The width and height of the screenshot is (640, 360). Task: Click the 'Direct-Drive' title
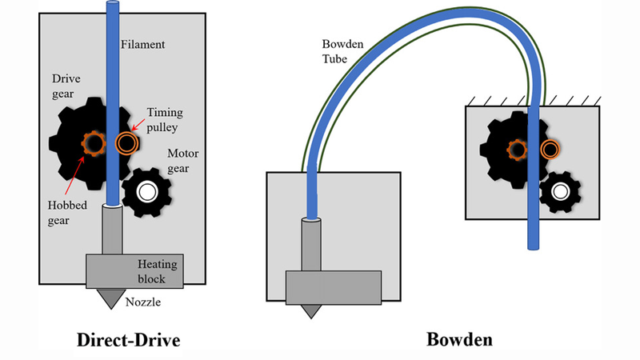coord(128,340)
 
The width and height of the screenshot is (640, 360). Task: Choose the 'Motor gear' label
coord(182,158)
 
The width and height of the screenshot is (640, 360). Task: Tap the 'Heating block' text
coord(154,270)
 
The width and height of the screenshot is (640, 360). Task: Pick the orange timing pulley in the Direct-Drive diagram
coord(126,143)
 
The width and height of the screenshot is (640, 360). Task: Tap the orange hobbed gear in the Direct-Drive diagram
coord(94,143)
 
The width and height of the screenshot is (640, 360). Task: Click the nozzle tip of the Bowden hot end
coord(307,310)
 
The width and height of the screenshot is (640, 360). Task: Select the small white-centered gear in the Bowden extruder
coord(559,192)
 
